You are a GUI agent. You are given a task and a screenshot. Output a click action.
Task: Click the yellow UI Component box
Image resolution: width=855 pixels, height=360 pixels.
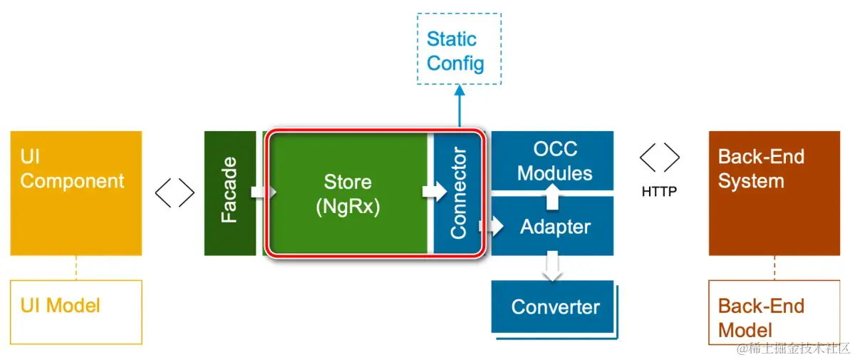pyautogui.click(x=76, y=193)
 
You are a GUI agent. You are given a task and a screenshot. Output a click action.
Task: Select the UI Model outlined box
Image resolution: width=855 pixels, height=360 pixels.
pyautogui.click(x=76, y=312)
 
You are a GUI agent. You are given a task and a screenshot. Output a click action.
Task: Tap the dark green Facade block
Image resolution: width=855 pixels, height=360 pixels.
pyautogui.click(x=229, y=193)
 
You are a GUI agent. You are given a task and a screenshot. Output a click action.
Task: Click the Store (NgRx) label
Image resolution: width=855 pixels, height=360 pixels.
pyautogui.click(x=348, y=195)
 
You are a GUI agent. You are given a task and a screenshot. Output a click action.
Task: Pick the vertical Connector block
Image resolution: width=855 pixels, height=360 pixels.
pyautogui.click(x=457, y=193)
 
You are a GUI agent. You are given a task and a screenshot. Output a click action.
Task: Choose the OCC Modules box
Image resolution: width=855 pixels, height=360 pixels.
pyautogui.click(x=552, y=160)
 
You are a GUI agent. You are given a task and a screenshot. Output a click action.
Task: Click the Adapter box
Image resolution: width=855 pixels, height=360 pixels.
pyautogui.click(x=552, y=226)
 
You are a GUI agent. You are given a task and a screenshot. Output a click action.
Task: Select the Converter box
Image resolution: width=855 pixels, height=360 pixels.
pyautogui.click(x=552, y=307)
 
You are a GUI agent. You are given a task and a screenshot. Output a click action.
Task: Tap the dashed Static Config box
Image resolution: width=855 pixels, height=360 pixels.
pyautogui.click(x=459, y=49)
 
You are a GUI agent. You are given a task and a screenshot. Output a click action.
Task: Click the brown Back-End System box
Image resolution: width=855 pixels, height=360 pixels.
pyautogui.click(x=774, y=193)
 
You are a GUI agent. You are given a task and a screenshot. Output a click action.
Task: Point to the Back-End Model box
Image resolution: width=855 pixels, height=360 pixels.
pyautogui.click(x=774, y=312)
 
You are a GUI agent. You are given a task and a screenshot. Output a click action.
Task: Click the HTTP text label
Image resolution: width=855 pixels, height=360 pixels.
pyautogui.click(x=659, y=191)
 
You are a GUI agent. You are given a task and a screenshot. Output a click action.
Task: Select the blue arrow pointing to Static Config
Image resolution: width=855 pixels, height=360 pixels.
pyautogui.click(x=460, y=106)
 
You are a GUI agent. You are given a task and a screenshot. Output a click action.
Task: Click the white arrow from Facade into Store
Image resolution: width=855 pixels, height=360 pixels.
pyautogui.click(x=264, y=192)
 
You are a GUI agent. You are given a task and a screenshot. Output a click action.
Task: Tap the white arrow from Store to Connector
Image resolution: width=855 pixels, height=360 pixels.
pyautogui.click(x=435, y=191)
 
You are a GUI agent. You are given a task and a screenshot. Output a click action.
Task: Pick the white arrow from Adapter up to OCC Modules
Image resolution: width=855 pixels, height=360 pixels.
pyautogui.click(x=552, y=197)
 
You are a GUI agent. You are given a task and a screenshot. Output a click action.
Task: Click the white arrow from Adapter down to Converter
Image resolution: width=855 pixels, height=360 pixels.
pyautogui.click(x=552, y=266)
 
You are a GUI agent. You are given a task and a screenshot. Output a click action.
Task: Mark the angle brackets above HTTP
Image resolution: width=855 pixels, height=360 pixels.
pyautogui.click(x=660, y=158)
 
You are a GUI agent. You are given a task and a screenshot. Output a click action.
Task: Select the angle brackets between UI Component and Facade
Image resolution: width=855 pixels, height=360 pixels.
pyautogui.click(x=175, y=192)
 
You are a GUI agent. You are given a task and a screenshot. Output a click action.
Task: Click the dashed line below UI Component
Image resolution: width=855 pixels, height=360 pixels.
pyautogui.click(x=76, y=268)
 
